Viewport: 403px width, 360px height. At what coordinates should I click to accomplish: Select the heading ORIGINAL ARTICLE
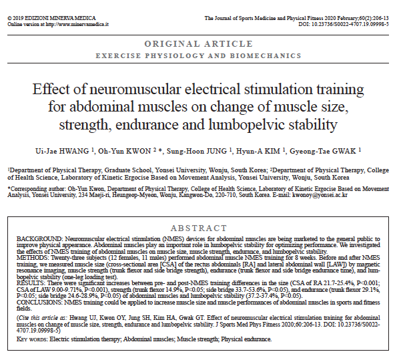[x=201, y=43]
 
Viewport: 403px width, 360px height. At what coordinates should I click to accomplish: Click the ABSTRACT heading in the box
[x=199, y=228]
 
